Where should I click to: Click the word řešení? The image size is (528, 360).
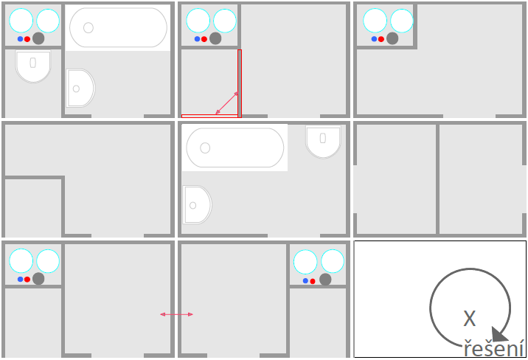click(494, 348)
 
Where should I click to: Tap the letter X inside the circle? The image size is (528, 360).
click(470, 318)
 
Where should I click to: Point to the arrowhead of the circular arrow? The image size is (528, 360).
click(499, 334)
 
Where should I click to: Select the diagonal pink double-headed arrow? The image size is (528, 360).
click(227, 103)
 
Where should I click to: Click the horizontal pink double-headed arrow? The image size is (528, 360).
click(176, 314)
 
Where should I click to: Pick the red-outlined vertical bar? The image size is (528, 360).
click(240, 83)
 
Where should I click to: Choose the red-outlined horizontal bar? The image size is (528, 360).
click(209, 116)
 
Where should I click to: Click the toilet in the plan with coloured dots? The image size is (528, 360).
click(33, 66)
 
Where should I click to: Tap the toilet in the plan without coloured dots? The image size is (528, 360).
click(323, 142)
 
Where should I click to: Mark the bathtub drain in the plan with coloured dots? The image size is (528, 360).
click(88, 27)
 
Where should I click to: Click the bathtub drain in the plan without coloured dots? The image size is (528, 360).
click(205, 148)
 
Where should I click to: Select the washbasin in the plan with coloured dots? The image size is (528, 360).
click(80, 89)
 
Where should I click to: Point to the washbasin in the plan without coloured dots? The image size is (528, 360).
click(198, 205)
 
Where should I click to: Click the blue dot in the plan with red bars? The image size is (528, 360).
click(198, 39)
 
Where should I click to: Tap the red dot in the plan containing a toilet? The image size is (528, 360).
click(27, 39)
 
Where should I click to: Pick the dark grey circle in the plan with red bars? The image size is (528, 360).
click(215, 38)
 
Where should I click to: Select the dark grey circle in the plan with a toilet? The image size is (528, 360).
click(38, 38)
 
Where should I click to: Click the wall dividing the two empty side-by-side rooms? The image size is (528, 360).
click(437, 179)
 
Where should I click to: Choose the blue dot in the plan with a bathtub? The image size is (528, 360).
click(20, 39)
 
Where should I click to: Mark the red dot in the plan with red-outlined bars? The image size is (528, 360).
click(204, 39)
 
